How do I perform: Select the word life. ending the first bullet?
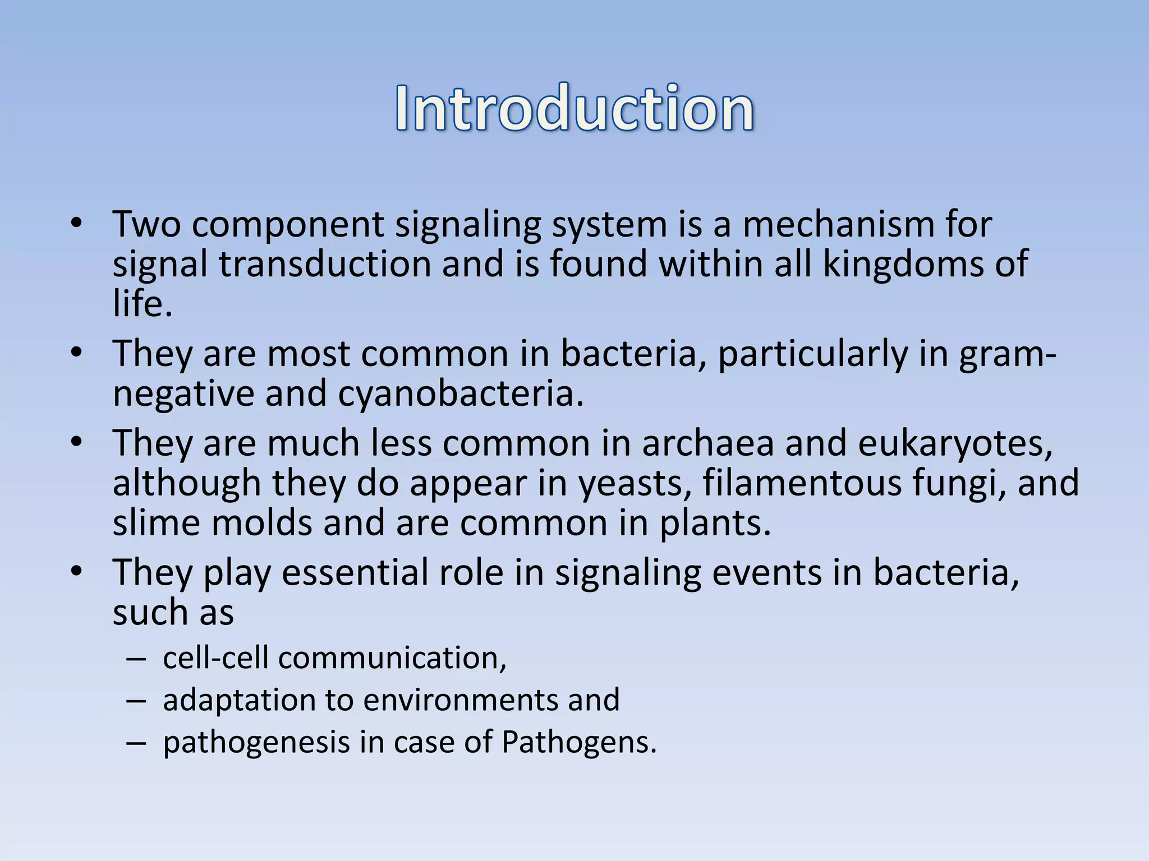tap(142, 304)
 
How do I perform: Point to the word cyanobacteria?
tap(461, 394)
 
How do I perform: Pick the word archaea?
tap(707, 443)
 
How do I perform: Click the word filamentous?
tap(803, 483)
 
